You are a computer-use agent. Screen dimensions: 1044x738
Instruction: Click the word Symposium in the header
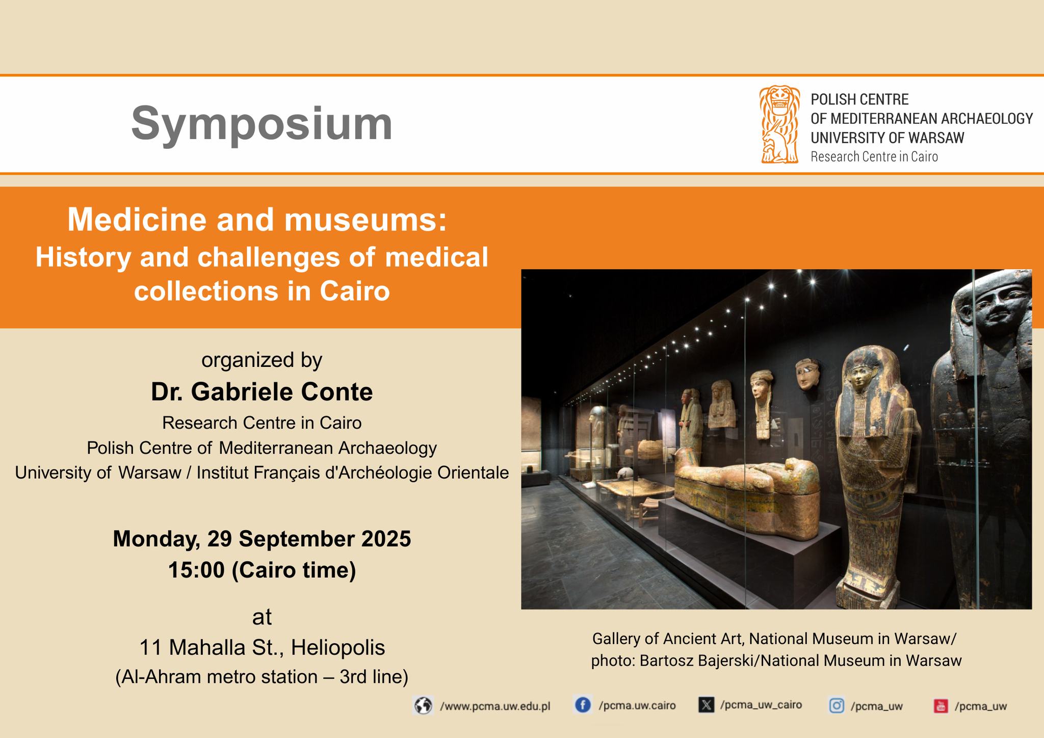pos(262,123)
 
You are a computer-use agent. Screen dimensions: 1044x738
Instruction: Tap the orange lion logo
pos(779,124)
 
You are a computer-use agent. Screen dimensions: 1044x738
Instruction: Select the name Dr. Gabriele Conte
pos(262,392)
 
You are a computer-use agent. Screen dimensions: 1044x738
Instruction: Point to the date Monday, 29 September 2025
pos(262,539)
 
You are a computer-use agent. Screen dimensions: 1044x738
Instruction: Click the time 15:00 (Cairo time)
pos(262,570)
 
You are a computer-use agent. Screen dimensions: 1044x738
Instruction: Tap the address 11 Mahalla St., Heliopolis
pos(262,648)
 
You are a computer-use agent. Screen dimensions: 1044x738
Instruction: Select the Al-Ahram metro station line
pos(262,677)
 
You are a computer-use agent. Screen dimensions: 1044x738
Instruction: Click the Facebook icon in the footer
pos(583,705)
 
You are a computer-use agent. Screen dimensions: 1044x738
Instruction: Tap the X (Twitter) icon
pos(706,705)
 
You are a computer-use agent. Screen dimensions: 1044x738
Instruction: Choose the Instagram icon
pos(837,705)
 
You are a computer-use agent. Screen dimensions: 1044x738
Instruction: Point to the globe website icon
pos(423,706)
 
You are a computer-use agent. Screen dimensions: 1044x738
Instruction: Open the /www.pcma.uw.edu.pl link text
pos(495,706)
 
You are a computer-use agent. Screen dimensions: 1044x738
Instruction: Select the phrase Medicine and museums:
pos(257,220)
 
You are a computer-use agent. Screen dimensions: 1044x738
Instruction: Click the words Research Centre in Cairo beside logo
pos(874,156)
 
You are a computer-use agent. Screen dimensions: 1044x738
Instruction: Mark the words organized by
pos(262,360)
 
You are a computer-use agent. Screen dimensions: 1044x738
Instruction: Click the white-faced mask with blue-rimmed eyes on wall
pos(808,374)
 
